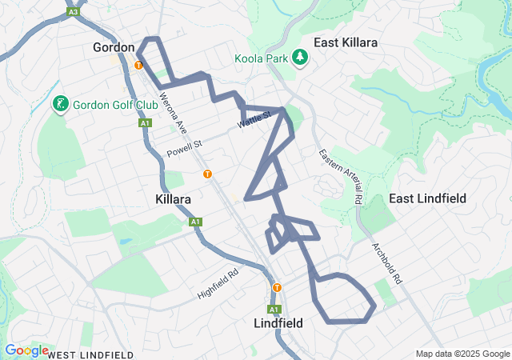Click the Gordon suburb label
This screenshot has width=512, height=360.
pos(114,47)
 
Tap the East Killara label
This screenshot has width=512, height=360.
pos(346,42)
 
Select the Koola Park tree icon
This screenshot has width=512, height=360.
pos(300,58)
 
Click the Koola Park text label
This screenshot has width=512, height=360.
pos(262,58)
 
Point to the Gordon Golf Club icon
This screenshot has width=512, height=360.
pos(60,105)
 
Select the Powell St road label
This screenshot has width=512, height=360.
pos(185,149)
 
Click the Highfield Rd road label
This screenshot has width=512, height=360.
pos(218,283)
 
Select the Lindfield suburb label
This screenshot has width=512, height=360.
pos(277,324)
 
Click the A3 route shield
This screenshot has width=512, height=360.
pos(73,12)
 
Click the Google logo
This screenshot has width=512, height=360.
pos(26,350)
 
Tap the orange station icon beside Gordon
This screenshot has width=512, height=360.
pos(138,66)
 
